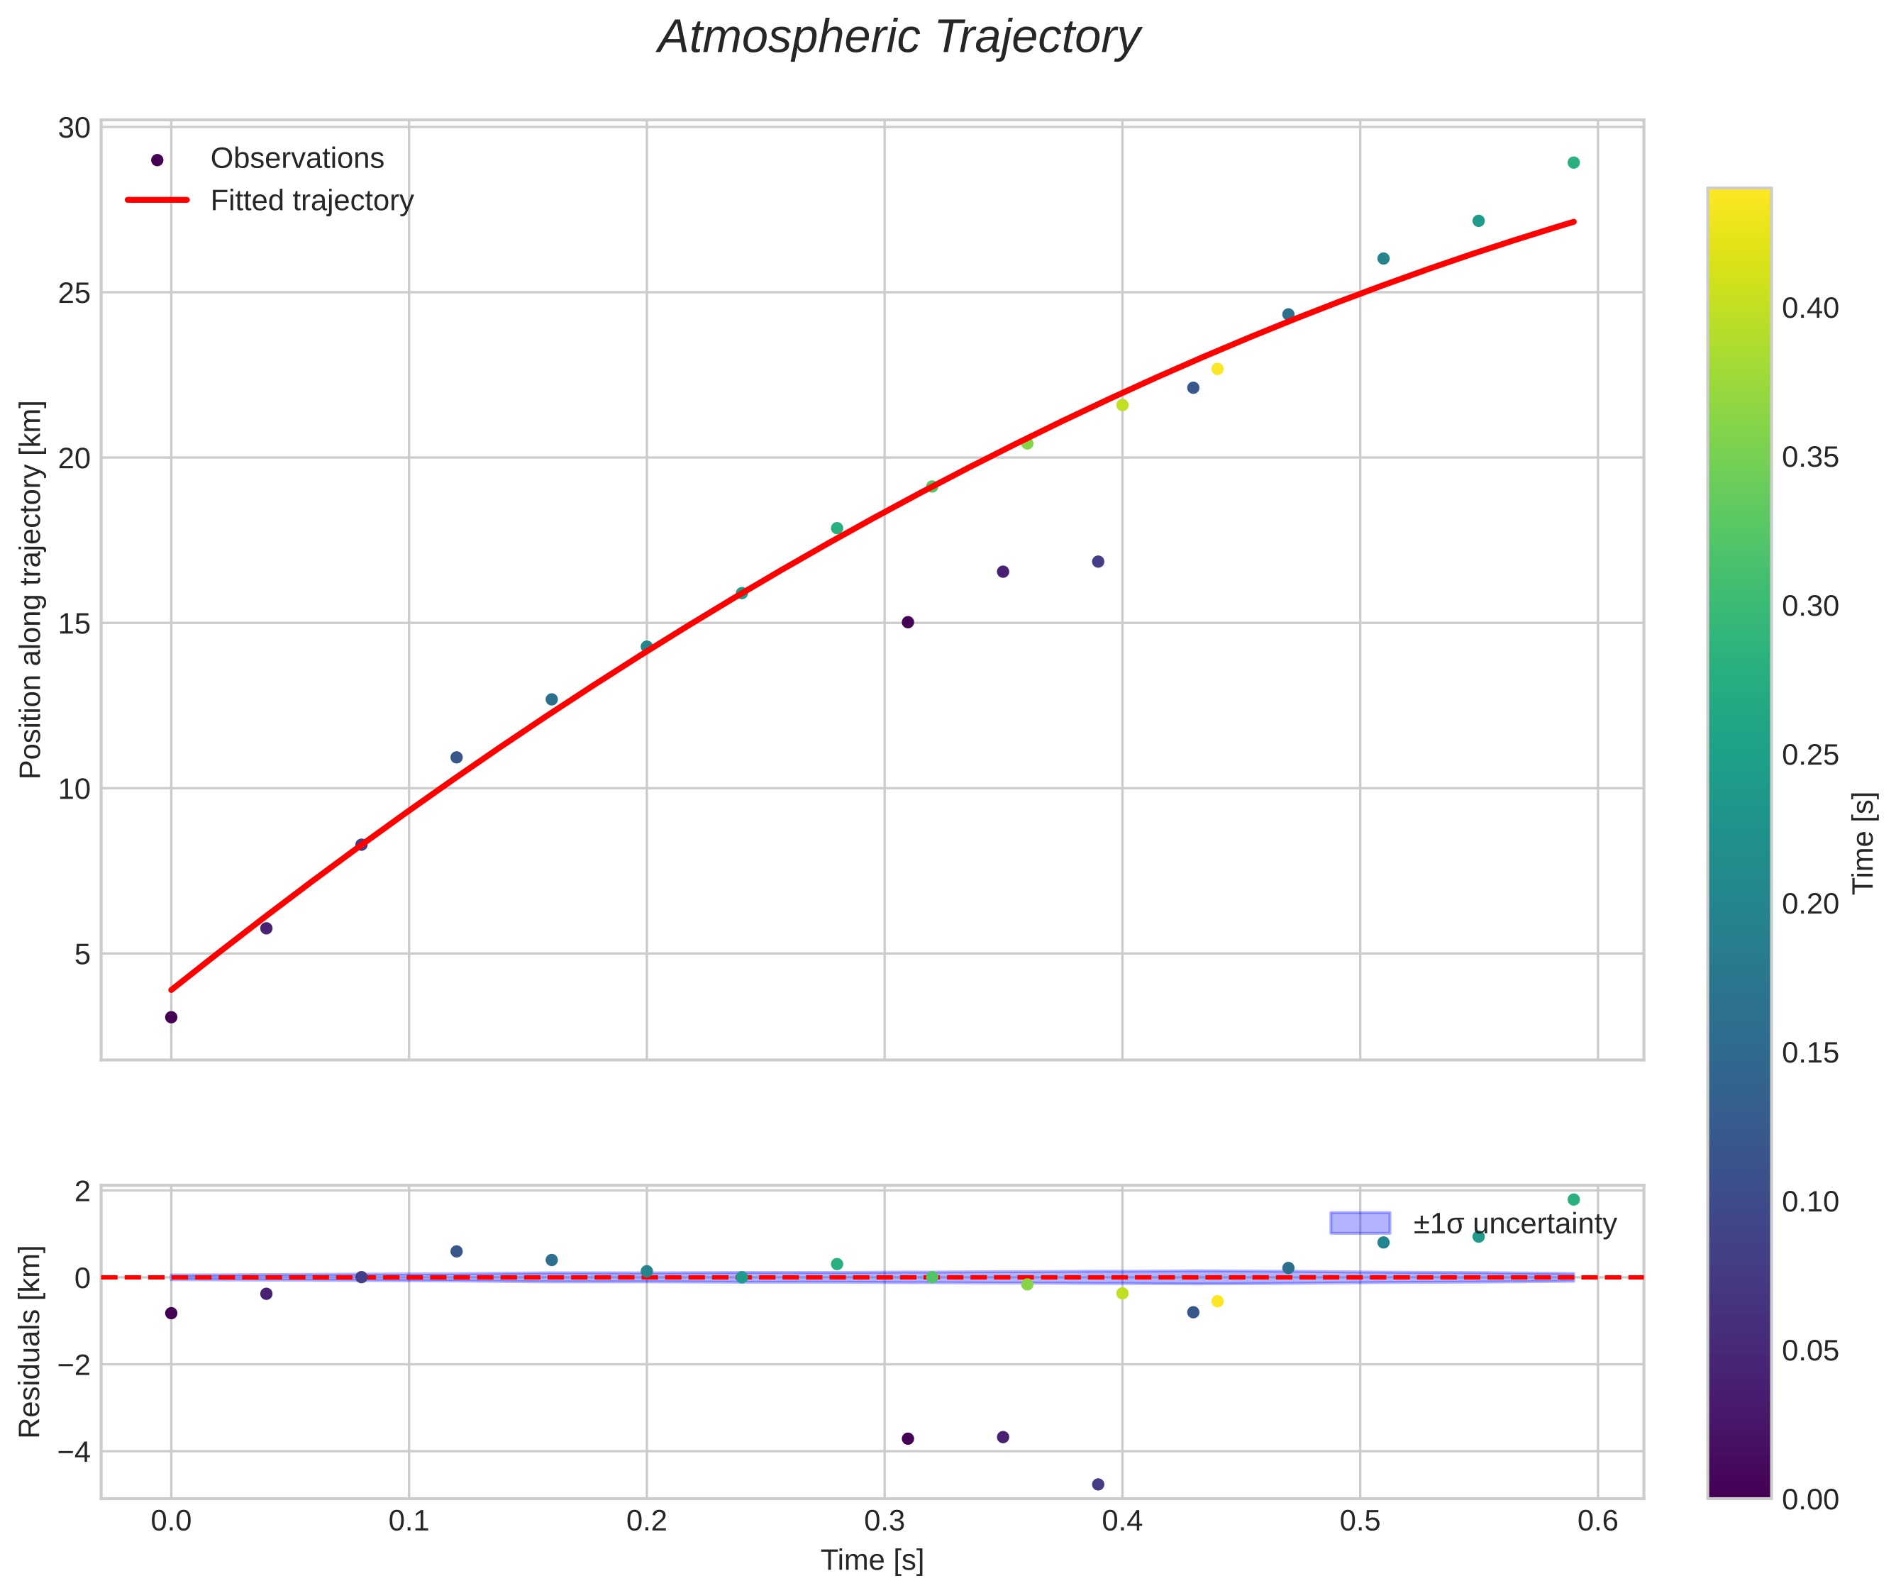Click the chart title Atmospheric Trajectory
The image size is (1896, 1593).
pos(899,38)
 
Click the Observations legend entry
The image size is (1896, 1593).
pos(296,159)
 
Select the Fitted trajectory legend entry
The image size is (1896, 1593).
pos(311,201)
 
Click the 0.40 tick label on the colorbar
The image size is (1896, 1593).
pos(1809,309)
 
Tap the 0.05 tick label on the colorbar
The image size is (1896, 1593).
pos(1809,1351)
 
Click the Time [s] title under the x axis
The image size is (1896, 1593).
pos(872,1560)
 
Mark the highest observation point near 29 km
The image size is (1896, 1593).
pos(1573,162)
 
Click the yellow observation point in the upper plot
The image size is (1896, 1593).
pos(1216,368)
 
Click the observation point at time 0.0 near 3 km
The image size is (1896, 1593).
pos(171,1017)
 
